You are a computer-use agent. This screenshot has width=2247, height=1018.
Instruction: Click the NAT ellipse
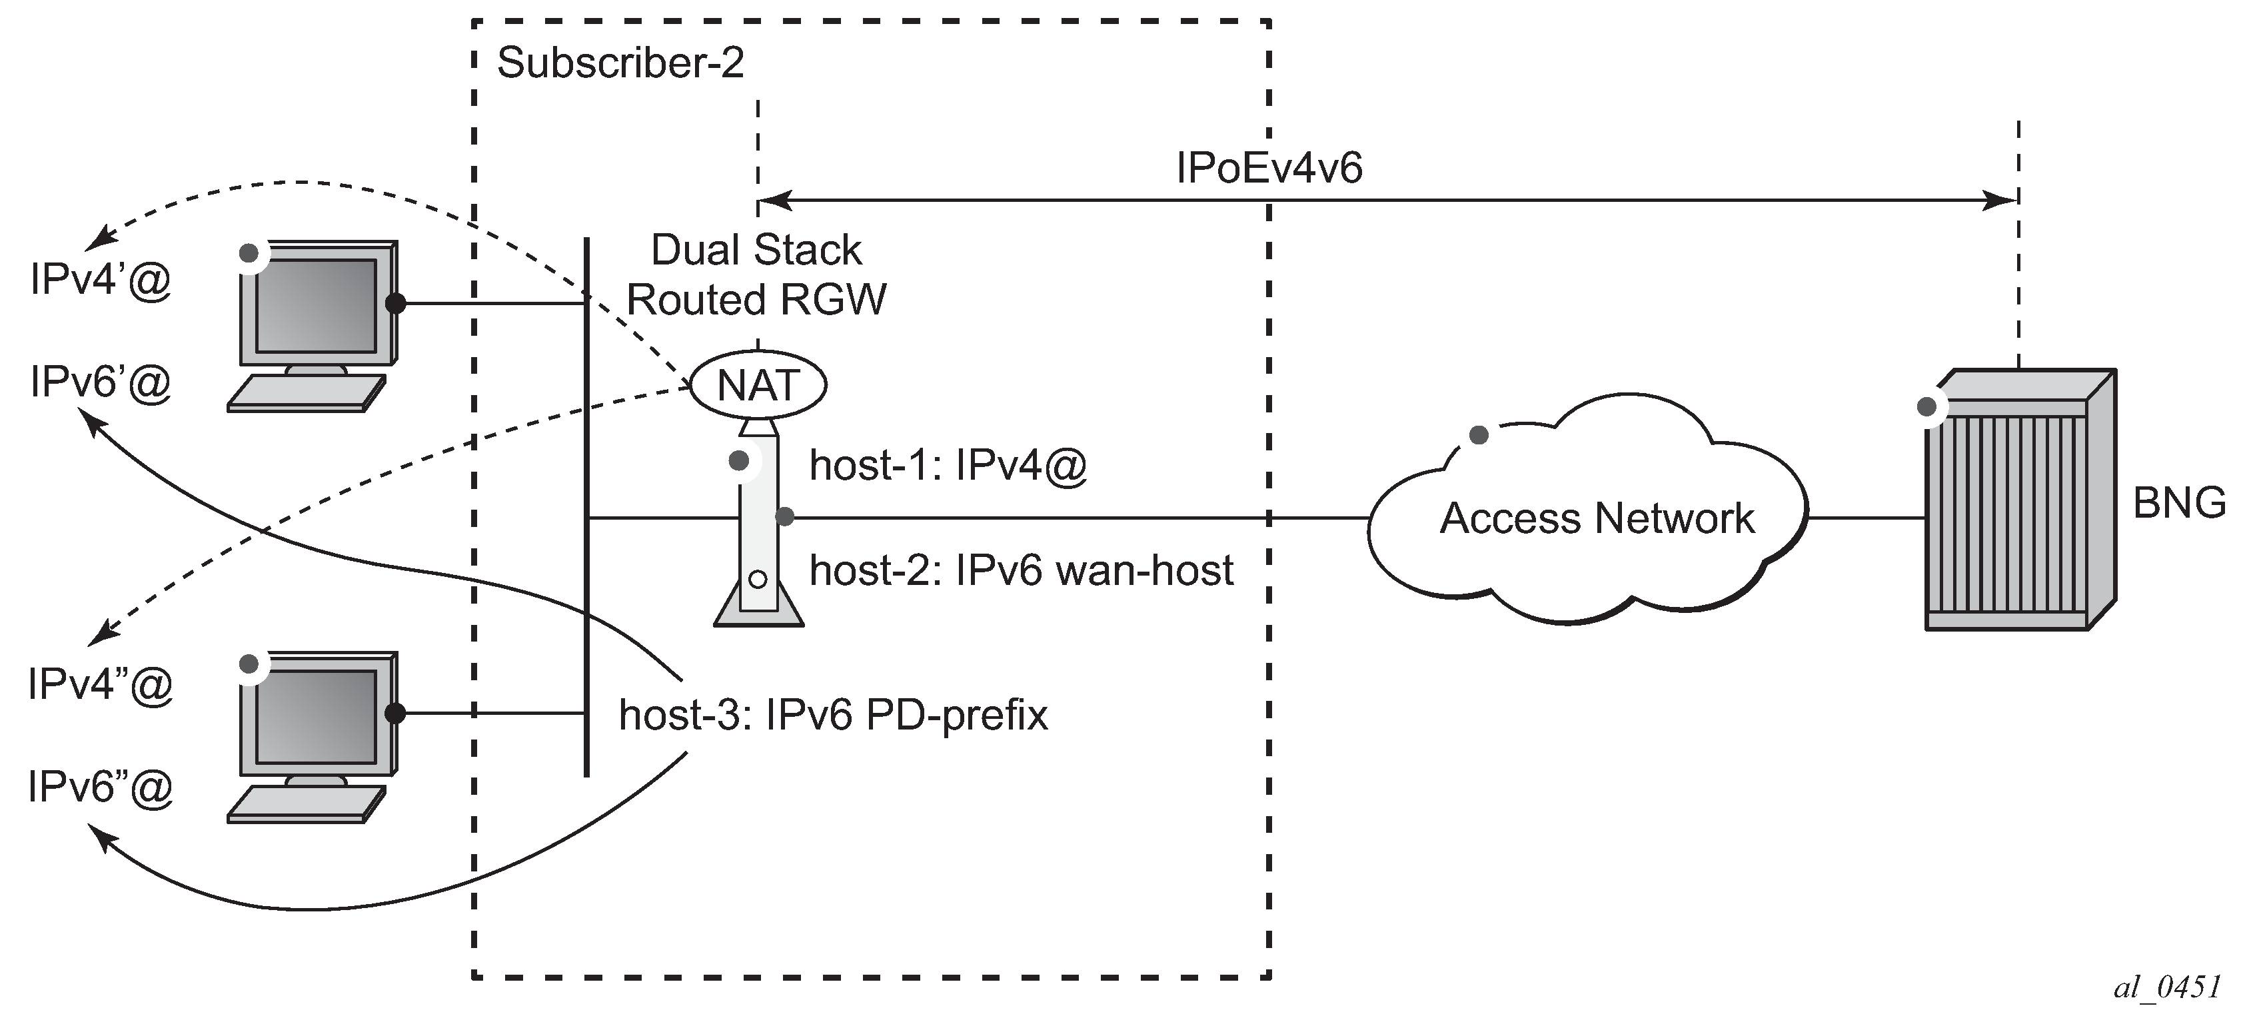click(758, 384)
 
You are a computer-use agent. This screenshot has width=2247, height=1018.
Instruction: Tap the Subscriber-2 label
click(620, 63)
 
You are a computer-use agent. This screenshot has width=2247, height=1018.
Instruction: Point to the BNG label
click(2179, 503)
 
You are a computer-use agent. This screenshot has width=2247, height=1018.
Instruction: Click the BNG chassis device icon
click(2018, 502)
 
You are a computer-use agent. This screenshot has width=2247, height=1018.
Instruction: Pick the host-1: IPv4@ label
click(948, 465)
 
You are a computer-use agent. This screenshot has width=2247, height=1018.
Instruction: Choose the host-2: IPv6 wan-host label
click(1021, 570)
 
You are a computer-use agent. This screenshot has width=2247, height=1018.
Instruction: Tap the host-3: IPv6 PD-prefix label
click(833, 716)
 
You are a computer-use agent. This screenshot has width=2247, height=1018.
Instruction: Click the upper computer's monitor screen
click(315, 305)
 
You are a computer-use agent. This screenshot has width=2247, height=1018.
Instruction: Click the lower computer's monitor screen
click(315, 716)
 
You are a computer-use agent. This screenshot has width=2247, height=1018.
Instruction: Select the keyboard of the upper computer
click(305, 394)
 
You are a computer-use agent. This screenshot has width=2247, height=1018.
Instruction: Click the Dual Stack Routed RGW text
click(756, 274)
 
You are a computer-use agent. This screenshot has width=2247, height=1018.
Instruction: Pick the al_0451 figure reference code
click(2167, 987)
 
